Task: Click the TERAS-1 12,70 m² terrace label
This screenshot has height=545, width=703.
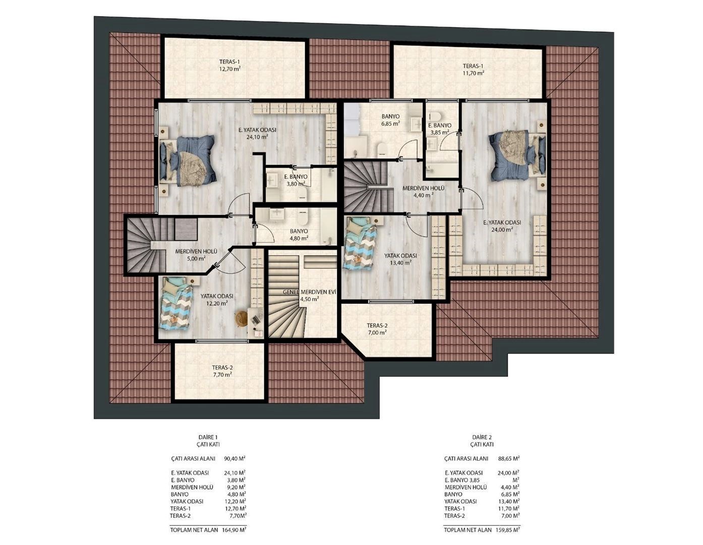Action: tap(229, 65)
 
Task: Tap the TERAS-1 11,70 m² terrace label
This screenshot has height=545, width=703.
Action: tap(473, 70)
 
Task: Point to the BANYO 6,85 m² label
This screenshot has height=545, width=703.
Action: tap(390, 120)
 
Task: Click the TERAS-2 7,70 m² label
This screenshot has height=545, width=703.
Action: tap(222, 371)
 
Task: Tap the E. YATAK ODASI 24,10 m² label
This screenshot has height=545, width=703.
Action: tap(257, 133)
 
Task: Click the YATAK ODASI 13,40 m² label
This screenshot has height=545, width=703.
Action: tap(400, 259)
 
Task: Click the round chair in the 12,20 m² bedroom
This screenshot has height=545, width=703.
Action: tap(241, 319)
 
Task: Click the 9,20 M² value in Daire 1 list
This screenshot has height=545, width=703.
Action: tap(235, 487)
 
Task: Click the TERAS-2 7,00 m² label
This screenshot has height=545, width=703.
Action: tap(377, 329)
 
